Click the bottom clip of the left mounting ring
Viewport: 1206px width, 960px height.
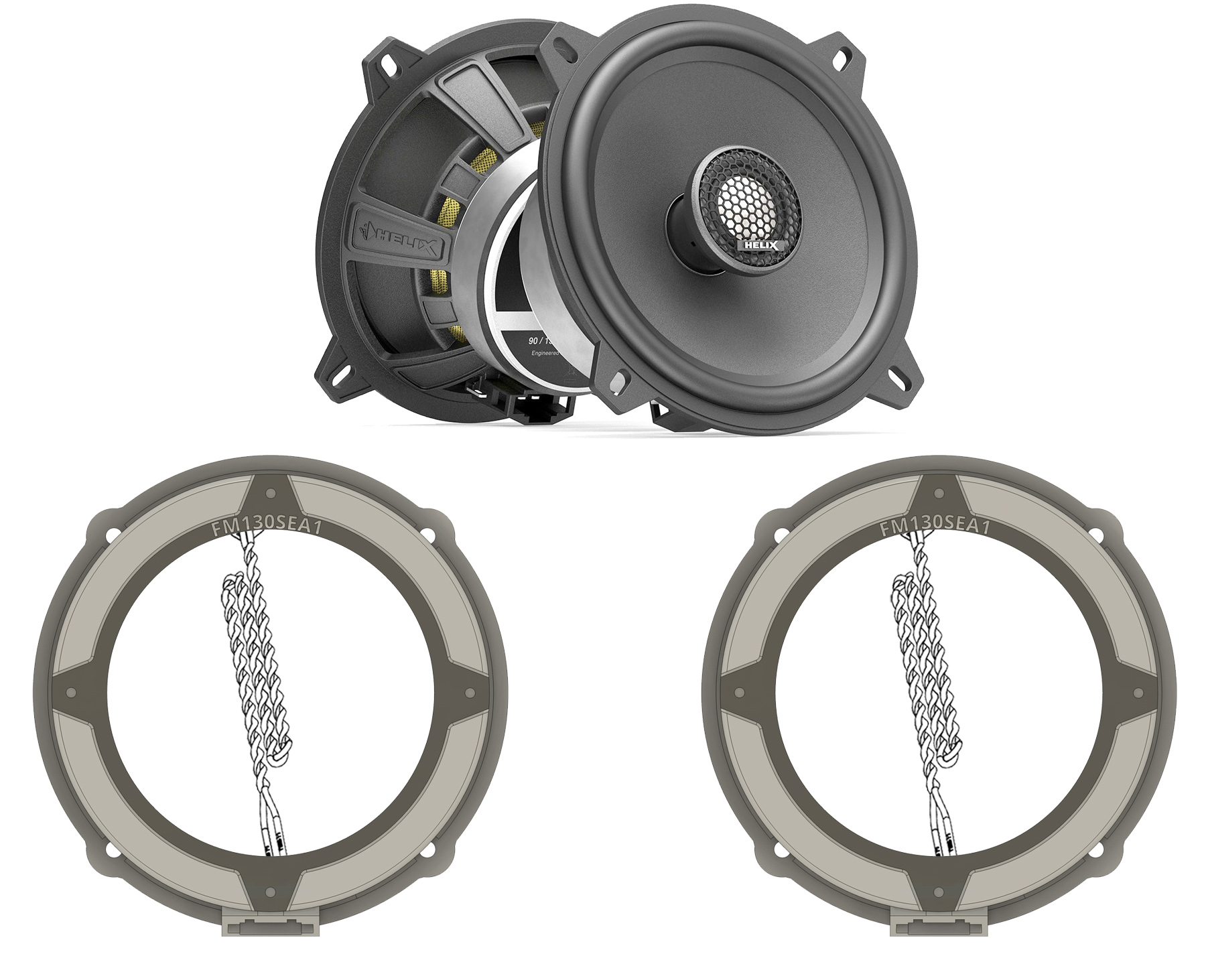click(270, 925)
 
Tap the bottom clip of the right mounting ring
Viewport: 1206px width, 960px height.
click(939, 925)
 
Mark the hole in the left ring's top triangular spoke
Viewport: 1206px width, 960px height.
click(270, 494)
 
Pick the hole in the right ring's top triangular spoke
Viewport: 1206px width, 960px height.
click(939, 494)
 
